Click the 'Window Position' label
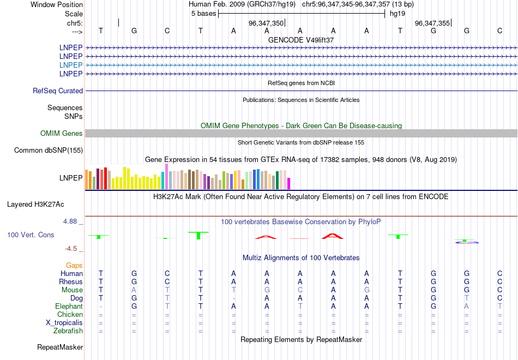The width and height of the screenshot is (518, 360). [57, 4]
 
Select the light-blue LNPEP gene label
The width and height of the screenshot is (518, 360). [71, 65]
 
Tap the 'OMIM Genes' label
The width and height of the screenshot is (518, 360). [62, 134]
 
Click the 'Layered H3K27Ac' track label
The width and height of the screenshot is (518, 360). [35, 205]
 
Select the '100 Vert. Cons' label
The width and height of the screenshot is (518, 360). [30, 235]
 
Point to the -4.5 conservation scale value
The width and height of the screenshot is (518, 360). [71, 249]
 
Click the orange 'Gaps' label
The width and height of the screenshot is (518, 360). [74, 266]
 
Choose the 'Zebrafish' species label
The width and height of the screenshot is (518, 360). [68, 331]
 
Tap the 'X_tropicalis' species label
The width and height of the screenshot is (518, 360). [64, 323]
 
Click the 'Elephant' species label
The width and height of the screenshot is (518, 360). [69, 307]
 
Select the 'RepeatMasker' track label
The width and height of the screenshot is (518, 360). [60, 347]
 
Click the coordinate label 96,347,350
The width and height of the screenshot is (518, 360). [266, 23]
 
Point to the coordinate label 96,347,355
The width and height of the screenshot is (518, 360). [432, 23]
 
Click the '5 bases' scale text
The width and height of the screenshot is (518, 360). [204, 14]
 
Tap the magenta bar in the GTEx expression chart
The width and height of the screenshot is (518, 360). [288, 183]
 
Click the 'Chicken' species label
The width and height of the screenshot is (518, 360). [70, 315]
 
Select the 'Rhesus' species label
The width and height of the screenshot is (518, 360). [71, 282]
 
